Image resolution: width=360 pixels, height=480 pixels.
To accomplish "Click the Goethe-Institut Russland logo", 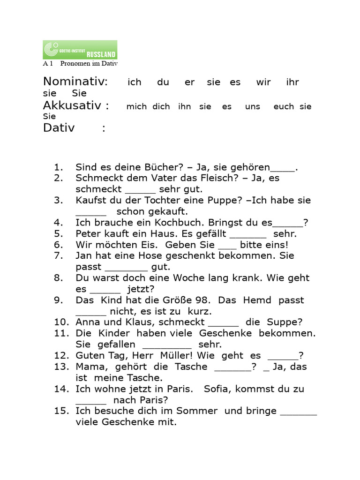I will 80,49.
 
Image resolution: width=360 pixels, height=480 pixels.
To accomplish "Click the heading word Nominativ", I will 75,82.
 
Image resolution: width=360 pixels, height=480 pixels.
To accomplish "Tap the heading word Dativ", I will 59,127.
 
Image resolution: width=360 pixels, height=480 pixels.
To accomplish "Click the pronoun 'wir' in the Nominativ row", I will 263,82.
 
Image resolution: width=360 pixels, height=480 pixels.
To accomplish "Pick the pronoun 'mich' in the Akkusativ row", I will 136,107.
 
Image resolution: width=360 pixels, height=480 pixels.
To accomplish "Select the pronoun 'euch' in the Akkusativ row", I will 284,107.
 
